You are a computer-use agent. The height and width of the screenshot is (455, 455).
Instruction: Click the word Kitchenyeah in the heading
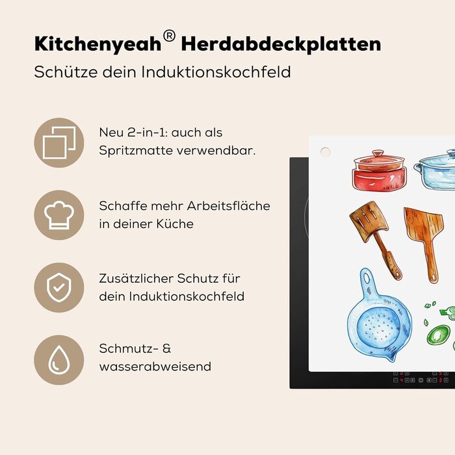click(x=97, y=44)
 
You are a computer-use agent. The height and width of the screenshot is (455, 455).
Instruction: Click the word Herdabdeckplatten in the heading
click(x=281, y=44)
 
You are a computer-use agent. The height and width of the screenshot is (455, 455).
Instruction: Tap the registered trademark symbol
click(x=169, y=36)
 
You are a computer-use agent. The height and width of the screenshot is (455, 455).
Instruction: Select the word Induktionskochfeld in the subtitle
click(x=216, y=72)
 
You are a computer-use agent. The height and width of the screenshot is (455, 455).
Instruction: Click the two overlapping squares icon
click(x=59, y=142)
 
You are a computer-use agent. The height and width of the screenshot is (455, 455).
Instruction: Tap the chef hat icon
click(x=59, y=215)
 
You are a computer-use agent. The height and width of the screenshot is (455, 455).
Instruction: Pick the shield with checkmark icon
click(x=59, y=287)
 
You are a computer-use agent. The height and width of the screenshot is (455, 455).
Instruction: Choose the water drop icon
click(x=59, y=360)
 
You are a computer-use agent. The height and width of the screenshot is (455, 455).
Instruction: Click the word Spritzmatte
click(x=136, y=151)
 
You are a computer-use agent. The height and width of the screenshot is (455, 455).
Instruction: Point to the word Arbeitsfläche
click(x=228, y=206)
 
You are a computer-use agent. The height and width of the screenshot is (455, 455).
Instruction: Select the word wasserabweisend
click(x=155, y=366)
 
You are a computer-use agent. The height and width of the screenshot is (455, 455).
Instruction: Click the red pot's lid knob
click(x=378, y=153)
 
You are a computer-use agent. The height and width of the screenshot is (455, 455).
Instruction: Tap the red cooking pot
click(x=379, y=170)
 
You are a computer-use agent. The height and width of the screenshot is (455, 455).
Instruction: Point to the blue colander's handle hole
click(x=367, y=278)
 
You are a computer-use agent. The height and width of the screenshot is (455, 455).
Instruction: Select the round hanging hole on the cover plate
click(x=325, y=151)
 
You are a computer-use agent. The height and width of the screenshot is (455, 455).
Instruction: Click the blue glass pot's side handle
click(x=417, y=167)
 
